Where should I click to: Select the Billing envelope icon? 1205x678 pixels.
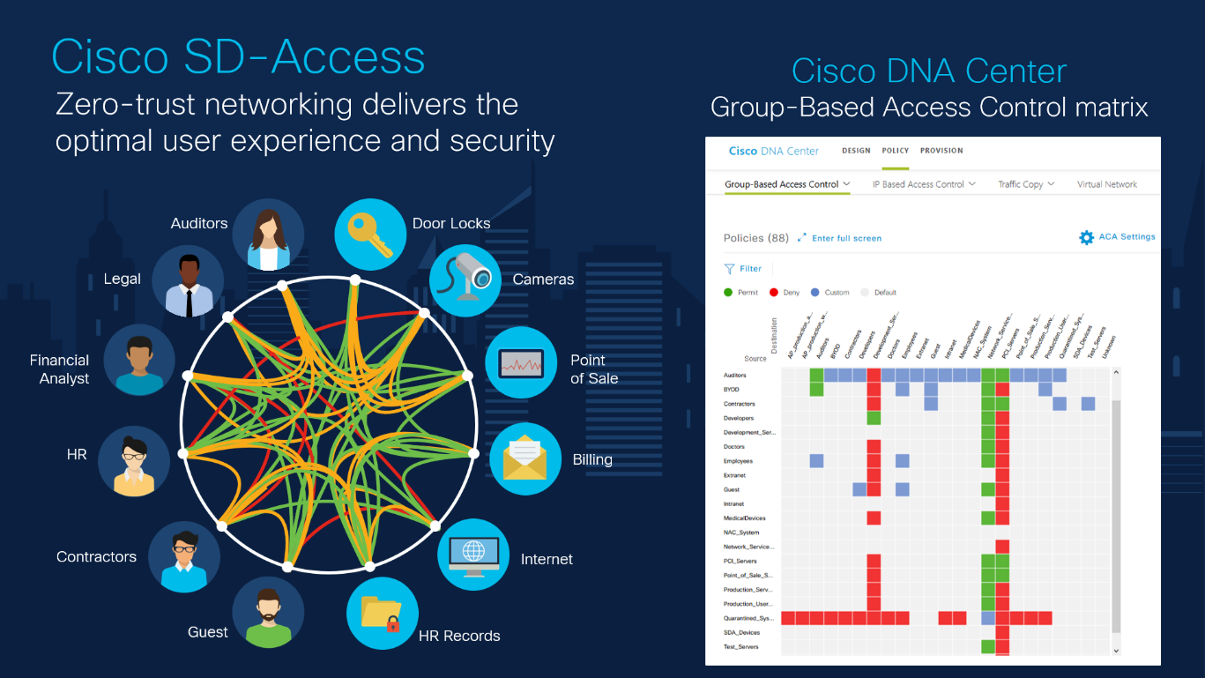point(525,458)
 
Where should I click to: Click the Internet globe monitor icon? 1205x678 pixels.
point(473,555)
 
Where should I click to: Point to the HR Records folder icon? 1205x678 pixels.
point(383,613)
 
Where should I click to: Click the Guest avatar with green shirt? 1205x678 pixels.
point(268,612)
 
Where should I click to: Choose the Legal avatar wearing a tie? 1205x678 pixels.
point(188,282)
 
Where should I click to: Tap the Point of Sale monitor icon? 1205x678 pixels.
point(521,362)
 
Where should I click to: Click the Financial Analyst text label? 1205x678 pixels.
point(60,369)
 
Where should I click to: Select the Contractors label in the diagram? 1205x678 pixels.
point(96,557)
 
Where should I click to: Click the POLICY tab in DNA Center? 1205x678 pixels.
point(895,151)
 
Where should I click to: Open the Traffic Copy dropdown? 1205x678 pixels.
point(1026,184)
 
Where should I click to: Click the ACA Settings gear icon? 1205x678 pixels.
point(1086,237)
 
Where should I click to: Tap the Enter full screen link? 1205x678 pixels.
point(846,238)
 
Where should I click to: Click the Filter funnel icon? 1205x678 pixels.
point(729,269)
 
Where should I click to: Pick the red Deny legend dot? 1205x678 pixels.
point(773,292)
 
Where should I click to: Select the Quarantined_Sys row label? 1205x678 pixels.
point(747,618)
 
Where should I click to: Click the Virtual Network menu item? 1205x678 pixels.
point(1106,184)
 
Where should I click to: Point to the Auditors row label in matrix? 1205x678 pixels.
point(734,376)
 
